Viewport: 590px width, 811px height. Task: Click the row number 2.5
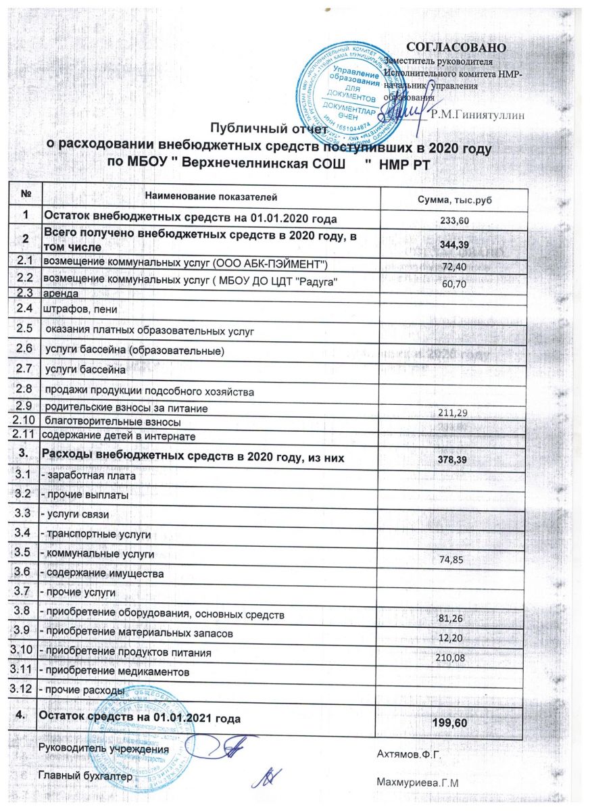pos(25,329)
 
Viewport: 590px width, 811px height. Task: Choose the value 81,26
pos(455,618)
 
